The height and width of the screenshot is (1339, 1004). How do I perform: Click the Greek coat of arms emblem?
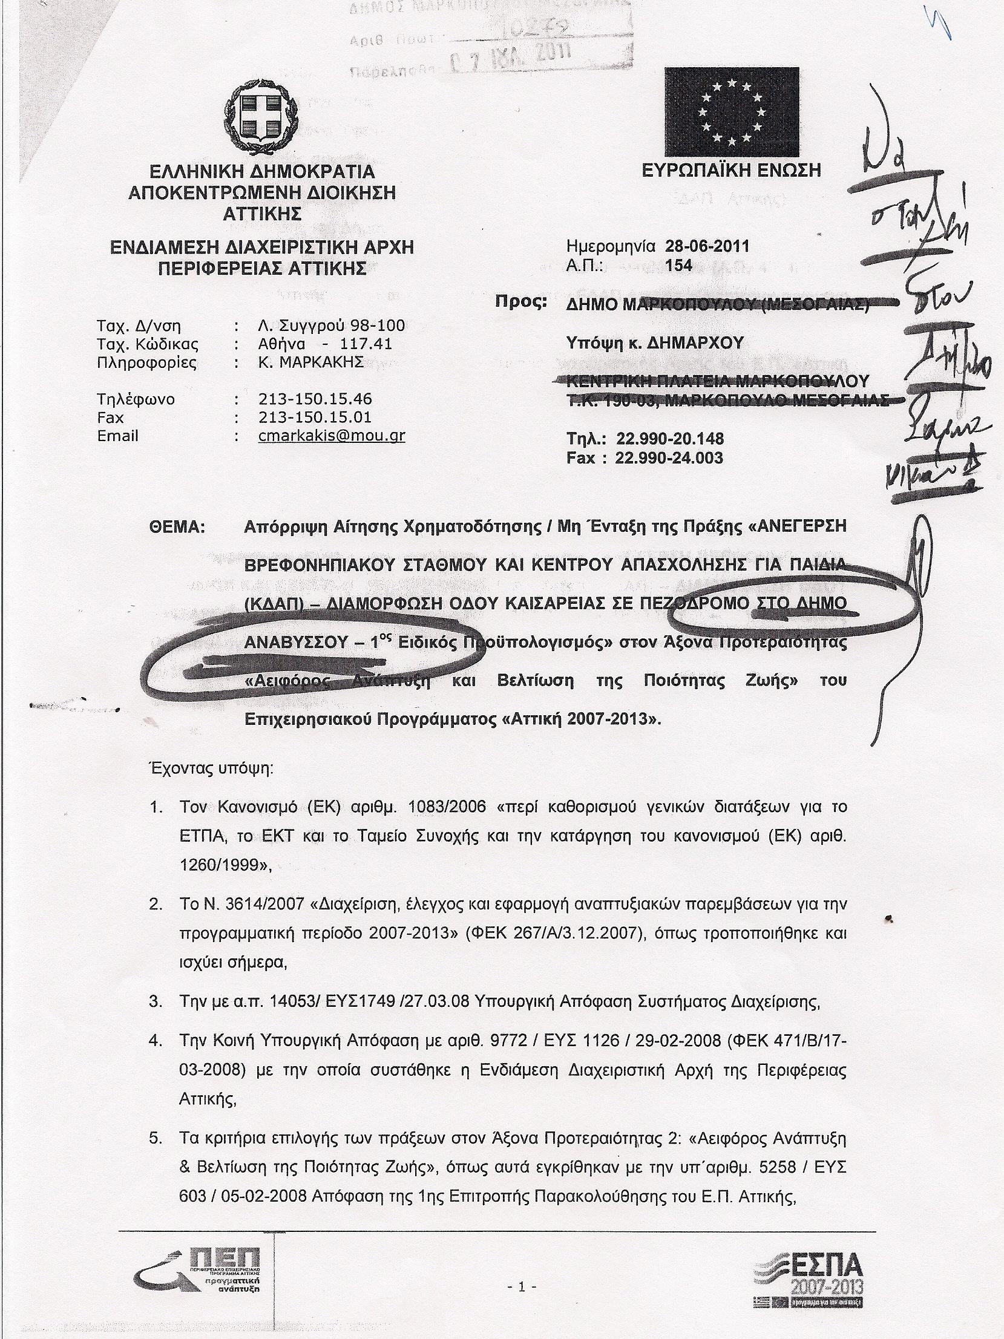click(261, 118)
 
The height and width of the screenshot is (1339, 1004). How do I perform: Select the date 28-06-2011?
click(707, 246)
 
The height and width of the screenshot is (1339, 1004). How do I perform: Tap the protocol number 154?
click(678, 266)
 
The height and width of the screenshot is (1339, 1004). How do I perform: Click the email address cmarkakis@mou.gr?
click(331, 436)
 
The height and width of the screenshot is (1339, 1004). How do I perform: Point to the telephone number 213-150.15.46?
click(315, 399)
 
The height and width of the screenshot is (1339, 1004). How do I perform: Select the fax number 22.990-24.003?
click(669, 457)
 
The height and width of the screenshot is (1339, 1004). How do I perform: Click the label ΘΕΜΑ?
click(177, 527)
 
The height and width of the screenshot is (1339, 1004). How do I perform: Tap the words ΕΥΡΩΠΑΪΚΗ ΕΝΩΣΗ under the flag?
click(731, 171)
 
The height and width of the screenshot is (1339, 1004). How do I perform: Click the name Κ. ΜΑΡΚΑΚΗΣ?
click(310, 362)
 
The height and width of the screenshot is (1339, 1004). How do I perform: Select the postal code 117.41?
click(366, 344)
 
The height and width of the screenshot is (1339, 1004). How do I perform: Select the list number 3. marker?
click(156, 1001)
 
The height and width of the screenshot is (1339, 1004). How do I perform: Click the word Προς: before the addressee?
click(521, 302)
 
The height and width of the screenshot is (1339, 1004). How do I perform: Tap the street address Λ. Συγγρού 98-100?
click(331, 326)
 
